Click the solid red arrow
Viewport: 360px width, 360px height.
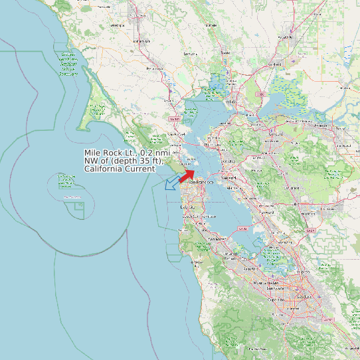[x=187, y=175]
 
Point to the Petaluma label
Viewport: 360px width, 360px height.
[x=155, y=68]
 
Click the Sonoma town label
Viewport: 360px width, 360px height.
[x=190, y=53]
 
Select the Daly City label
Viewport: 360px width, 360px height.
[x=187, y=207]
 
